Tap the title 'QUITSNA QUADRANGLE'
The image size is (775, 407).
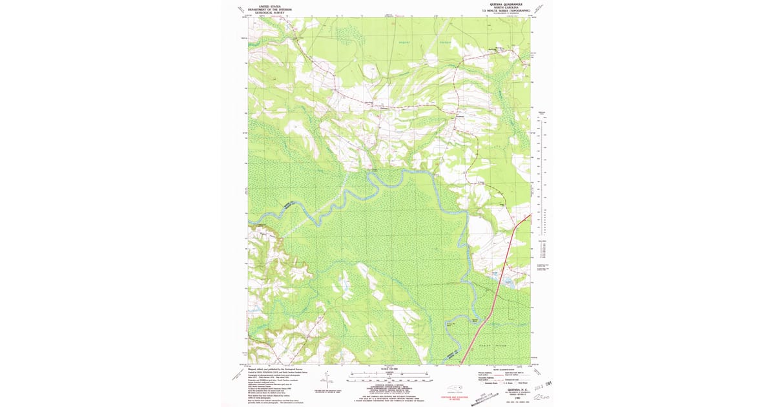coord(504,4)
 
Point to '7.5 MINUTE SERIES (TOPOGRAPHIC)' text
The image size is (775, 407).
coord(504,11)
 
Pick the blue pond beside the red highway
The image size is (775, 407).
coord(508,280)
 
